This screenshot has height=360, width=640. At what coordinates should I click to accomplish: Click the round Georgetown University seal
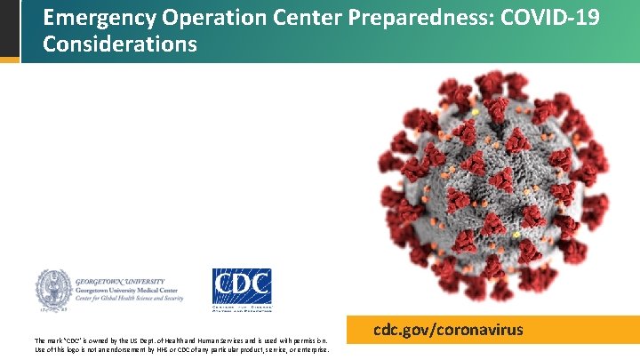click(52, 290)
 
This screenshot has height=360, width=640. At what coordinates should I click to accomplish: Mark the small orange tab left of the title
click(9, 60)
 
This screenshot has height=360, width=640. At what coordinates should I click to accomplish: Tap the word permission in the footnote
click(312, 340)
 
